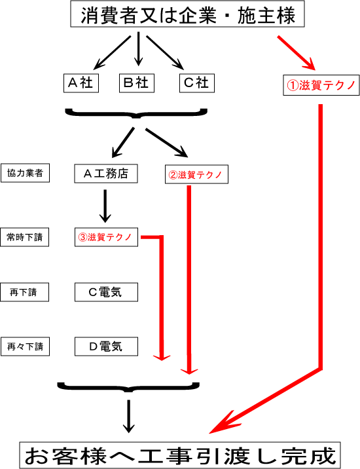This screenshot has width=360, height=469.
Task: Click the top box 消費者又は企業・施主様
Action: [x=187, y=14]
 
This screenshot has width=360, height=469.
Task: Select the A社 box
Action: [x=81, y=83]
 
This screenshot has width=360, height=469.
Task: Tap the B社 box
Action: [x=137, y=83]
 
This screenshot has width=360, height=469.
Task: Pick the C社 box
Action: [x=197, y=83]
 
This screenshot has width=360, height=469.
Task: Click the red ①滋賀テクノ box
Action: [x=321, y=85]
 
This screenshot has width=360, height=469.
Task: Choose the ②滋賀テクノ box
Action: [x=196, y=174]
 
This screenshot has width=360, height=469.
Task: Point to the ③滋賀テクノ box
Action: [x=106, y=237]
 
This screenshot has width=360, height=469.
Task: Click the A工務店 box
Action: [x=106, y=174]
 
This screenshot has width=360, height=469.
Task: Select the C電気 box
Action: [x=106, y=292]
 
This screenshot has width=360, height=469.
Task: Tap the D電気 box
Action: [x=106, y=347]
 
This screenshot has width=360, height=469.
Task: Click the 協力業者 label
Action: [x=25, y=173]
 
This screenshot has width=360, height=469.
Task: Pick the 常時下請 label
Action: [x=24, y=237]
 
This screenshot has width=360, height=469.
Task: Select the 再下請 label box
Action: [x=24, y=292]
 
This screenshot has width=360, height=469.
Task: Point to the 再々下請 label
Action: [x=25, y=347]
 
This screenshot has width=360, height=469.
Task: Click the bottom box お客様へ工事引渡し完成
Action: [x=180, y=455]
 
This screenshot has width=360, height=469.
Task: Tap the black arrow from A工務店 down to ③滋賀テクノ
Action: [x=105, y=206]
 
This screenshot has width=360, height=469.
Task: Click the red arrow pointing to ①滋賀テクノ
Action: [x=297, y=52]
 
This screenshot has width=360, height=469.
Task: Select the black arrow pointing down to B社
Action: [x=138, y=48]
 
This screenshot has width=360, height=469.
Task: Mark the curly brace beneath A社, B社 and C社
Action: [x=136, y=113]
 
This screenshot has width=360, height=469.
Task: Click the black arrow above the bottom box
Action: [x=128, y=417]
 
